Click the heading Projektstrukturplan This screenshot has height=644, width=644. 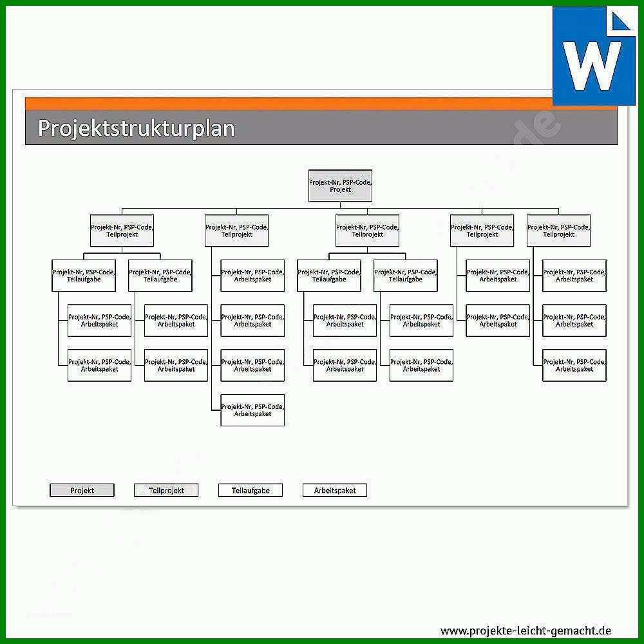137,128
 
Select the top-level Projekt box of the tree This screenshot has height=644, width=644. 340,185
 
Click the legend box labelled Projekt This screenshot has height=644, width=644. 82,490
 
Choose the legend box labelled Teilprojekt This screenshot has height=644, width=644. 166,490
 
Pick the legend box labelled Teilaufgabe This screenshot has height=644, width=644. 250,490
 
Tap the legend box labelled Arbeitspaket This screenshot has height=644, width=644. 335,490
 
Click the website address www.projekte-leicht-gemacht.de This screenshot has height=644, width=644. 526,630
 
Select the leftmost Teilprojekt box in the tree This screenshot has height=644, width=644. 122,231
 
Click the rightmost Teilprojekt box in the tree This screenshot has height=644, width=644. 558,231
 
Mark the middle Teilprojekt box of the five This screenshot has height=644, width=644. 367,231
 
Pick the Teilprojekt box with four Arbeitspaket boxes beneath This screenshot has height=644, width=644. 236,231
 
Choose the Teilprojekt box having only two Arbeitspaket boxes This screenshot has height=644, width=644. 482,231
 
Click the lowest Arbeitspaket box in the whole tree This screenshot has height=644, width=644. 252,410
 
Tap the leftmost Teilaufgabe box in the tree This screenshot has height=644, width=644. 84,276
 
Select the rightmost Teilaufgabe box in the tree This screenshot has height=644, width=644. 405,276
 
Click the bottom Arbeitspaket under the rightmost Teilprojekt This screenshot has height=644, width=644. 574,365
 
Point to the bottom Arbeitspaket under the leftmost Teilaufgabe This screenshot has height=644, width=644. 99,365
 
